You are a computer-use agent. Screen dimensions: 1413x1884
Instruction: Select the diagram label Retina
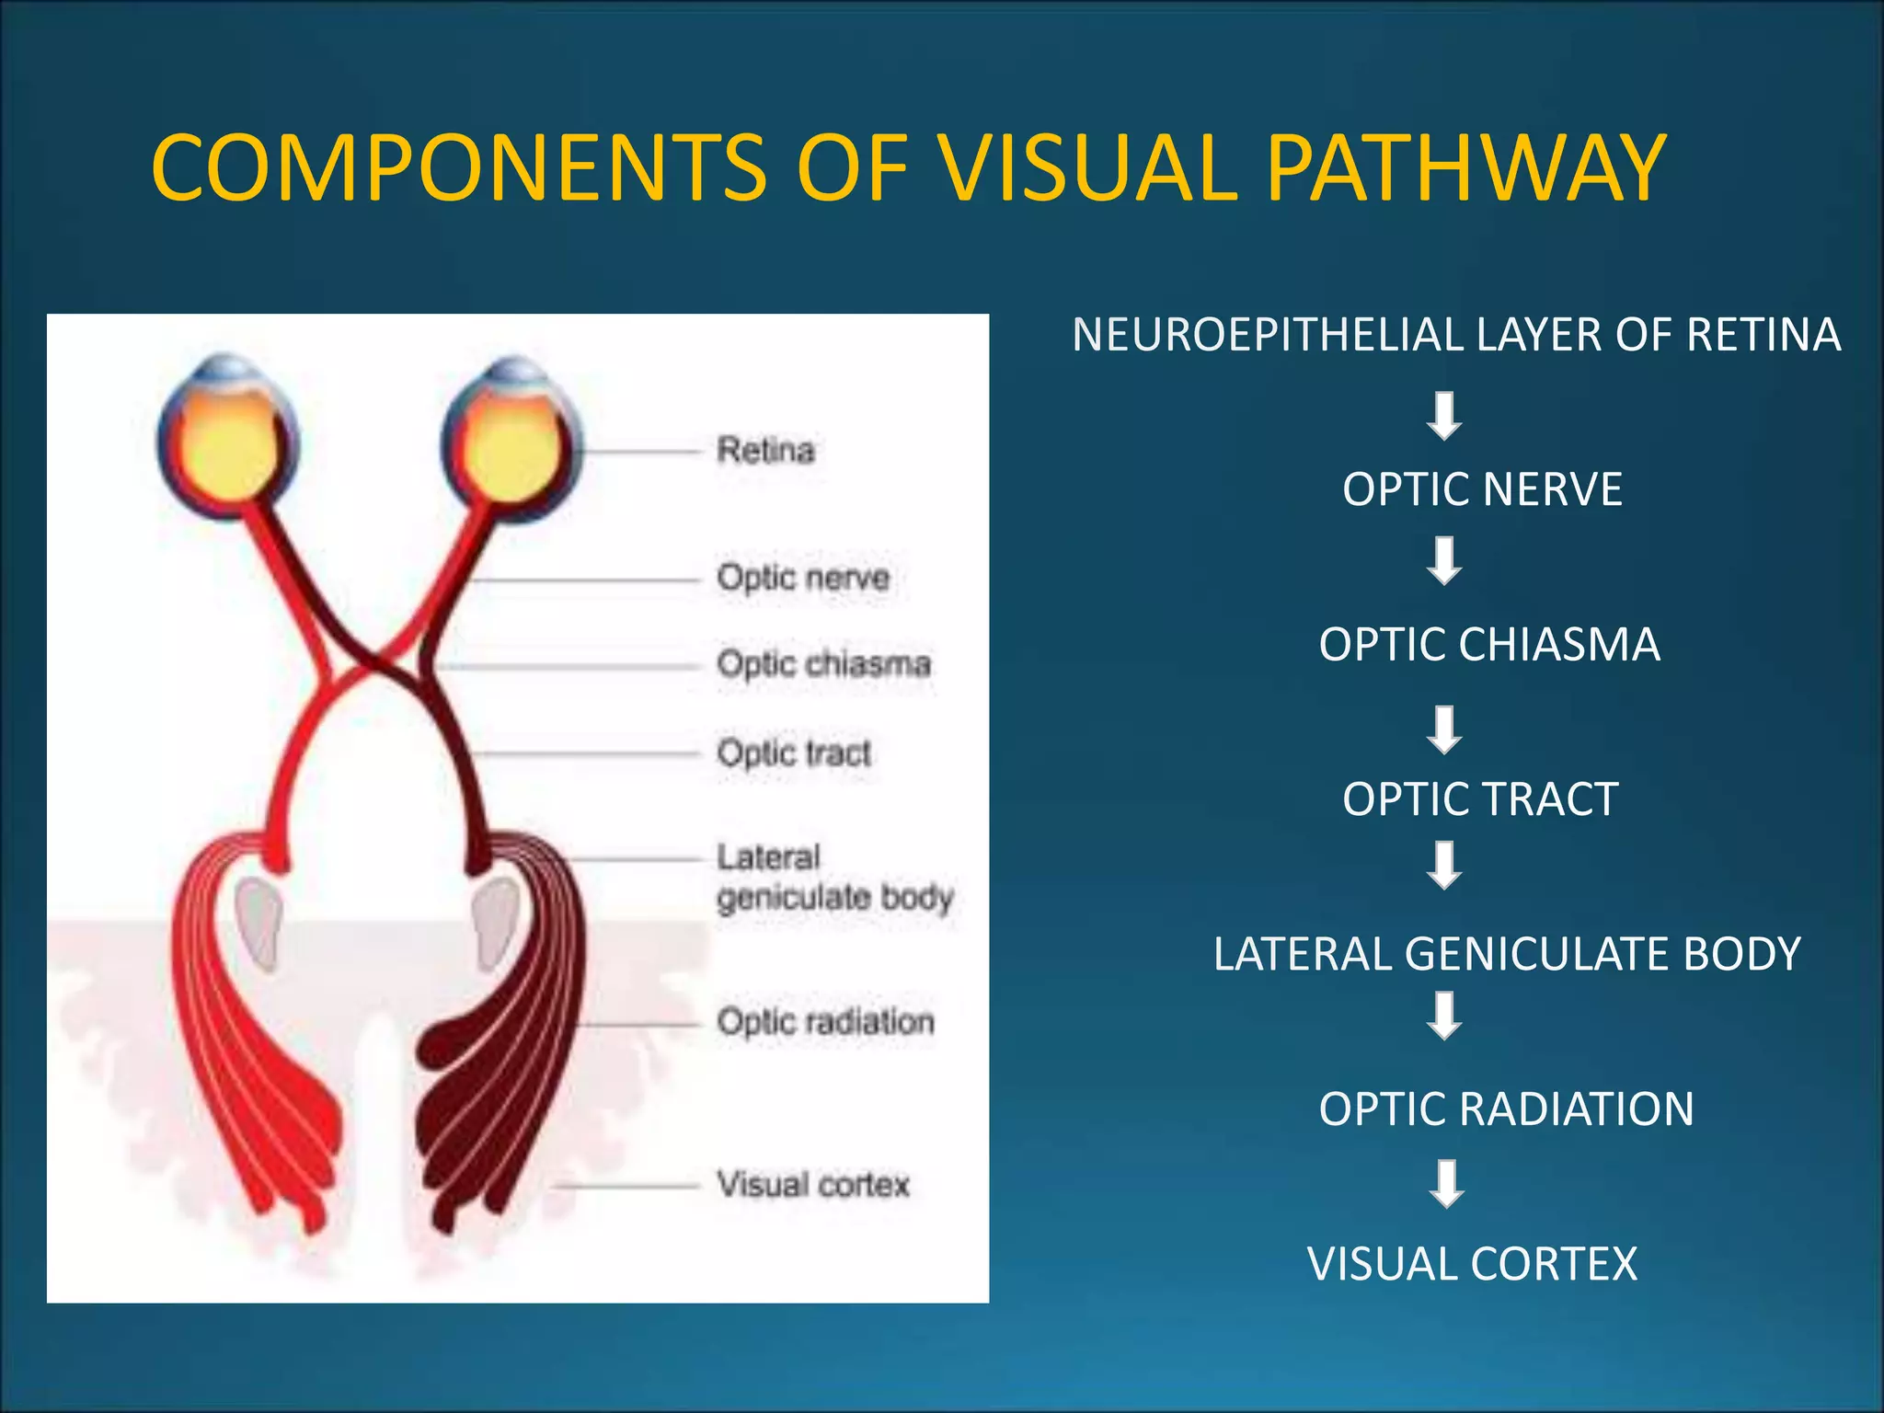[x=765, y=451]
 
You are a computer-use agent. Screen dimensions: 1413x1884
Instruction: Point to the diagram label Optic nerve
[x=803, y=578]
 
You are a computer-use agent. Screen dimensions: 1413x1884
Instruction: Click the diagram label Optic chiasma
[x=823, y=663]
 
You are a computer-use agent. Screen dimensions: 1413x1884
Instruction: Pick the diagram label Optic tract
[x=793, y=752]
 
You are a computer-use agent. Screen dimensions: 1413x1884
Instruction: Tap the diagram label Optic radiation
[x=825, y=1021]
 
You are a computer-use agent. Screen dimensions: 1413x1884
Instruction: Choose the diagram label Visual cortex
[x=813, y=1184]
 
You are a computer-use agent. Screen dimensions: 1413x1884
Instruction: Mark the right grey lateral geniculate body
[x=496, y=921]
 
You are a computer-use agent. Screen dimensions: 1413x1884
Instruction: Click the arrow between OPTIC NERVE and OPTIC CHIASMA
[x=1444, y=561]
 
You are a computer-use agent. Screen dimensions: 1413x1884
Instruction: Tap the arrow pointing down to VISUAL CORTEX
[x=1446, y=1184]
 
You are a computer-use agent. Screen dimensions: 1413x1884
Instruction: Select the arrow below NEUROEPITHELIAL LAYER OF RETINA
[x=1444, y=416]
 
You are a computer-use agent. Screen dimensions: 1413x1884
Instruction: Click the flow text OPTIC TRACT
[x=1480, y=798]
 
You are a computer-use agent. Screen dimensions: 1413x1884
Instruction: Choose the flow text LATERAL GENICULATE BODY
[x=1507, y=954]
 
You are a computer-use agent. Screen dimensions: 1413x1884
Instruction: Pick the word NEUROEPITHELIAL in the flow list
[x=1268, y=335]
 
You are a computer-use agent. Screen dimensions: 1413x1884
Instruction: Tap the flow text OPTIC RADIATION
[x=1506, y=1109]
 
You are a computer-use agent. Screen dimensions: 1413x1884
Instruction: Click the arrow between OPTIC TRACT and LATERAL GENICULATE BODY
[x=1444, y=866]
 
